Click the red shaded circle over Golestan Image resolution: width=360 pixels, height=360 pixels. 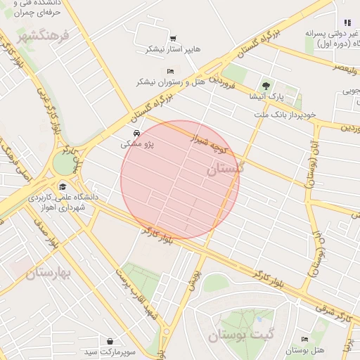coord(180,180)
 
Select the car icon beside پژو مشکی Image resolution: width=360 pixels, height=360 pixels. coord(135,133)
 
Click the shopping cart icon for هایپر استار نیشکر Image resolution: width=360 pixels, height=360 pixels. coord(173,39)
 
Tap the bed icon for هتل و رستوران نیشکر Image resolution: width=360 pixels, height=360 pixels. coord(170,72)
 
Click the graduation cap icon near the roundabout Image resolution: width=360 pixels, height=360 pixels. coord(63,186)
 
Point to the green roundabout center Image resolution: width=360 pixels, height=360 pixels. coord(63,164)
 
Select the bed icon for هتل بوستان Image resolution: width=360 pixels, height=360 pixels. coord(304,340)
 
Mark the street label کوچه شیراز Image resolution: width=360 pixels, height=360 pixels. coord(210,141)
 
